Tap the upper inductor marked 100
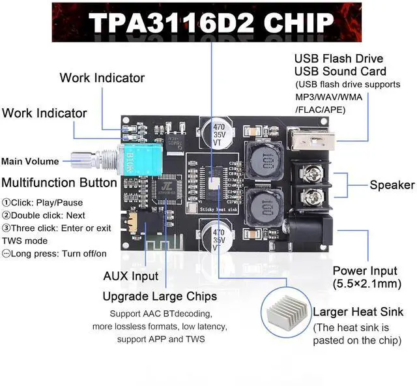(x=262, y=160)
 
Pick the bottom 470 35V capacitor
(x=216, y=238)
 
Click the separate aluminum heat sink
(x=285, y=310)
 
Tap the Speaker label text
(x=392, y=185)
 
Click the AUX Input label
(x=131, y=276)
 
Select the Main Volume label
(x=30, y=161)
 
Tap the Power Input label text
(x=365, y=271)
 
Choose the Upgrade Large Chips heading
(x=160, y=297)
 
